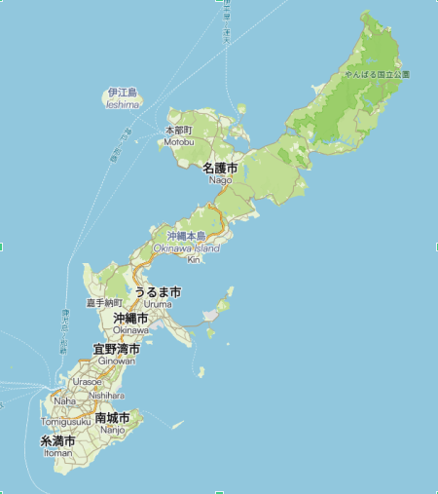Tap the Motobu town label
pyautogui.click(x=178, y=141)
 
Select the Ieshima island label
pyautogui.click(x=123, y=104)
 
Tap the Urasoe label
pyautogui.click(x=87, y=382)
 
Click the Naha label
pyautogui.click(x=64, y=400)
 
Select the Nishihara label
pyautogui.click(x=106, y=396)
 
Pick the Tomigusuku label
pyautogui.click(x=66, y=422)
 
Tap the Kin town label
pyautogui.click(x=193, y=259)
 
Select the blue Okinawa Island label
pyautogui.click(x=186, y=247)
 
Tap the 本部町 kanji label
pyautogui.click(x=179, y=130)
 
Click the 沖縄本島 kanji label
pyautogui.click(x=186, y=236)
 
